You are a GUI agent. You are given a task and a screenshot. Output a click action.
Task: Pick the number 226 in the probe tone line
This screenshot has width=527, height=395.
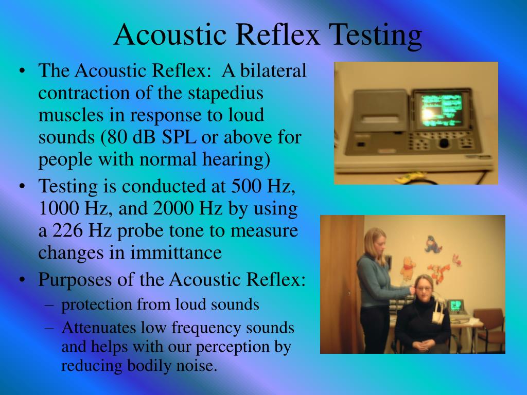(65, 230)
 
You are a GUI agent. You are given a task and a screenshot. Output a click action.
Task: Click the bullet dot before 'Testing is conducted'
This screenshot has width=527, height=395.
(22, 186)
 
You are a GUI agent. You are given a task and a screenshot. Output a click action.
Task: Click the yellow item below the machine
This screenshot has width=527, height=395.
(407, 177)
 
